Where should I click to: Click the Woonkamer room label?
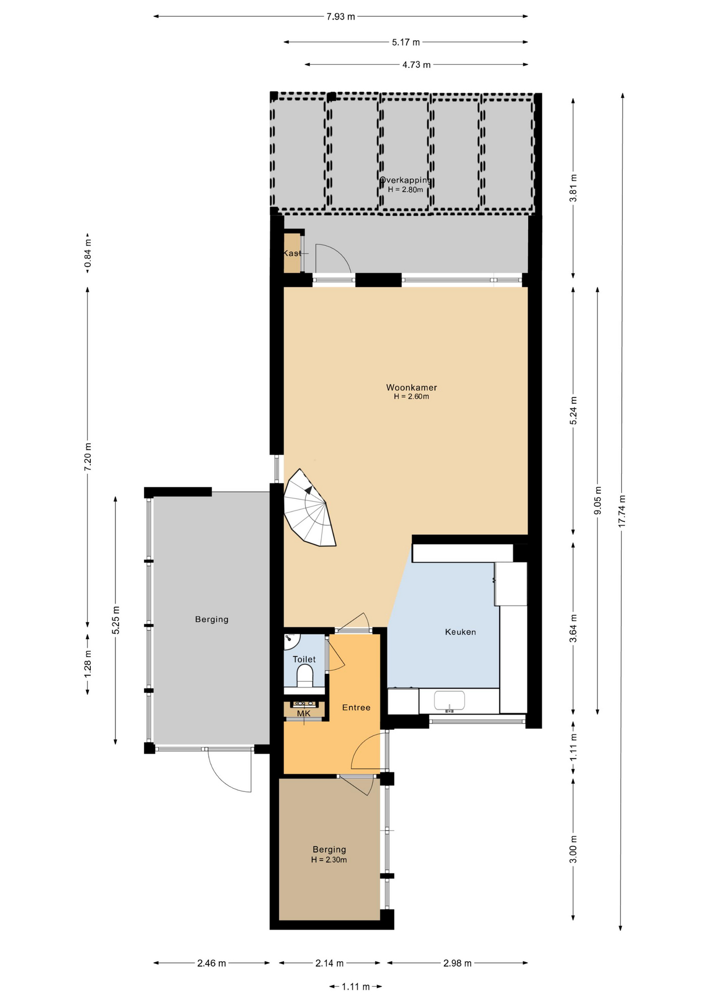pyautogui.click(x=411, y=388)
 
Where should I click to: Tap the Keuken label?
pyautogui.click(x=460, y=632)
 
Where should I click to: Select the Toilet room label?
pyautogui.click(x=304, y=660)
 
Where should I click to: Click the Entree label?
pyautogui.click(x=356, y=708)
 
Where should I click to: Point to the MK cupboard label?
pyautogui.click(x=303, y=714)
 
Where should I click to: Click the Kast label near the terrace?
pyautogui.click(x=292, y=253)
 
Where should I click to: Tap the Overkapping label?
pyautogui.click(x=406, y=180)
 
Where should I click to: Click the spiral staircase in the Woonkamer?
pyautogui.click(x=310, y=508)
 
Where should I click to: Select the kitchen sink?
pyautogui.click(x=450, y=701)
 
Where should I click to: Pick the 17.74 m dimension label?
pyautogui.click(x=621, y=511)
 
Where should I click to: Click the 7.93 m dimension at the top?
pyautogui.click(x=340, y=17)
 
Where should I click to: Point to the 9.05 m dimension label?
pyautogui.click(x=598, y=500)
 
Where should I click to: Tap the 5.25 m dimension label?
pyautogui.click(x=116, y=620)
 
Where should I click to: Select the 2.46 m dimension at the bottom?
pyautogui.click(x=211, y=963)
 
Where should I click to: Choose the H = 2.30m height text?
pyautogui.click(x=329, y=860)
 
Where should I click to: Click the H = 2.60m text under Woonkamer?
pyautogui.click(x=411, y=396)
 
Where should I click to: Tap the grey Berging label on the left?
pyautogui.click(x=211, y=620)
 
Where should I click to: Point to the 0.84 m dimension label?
pyautogui.click(x=88, y=253)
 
